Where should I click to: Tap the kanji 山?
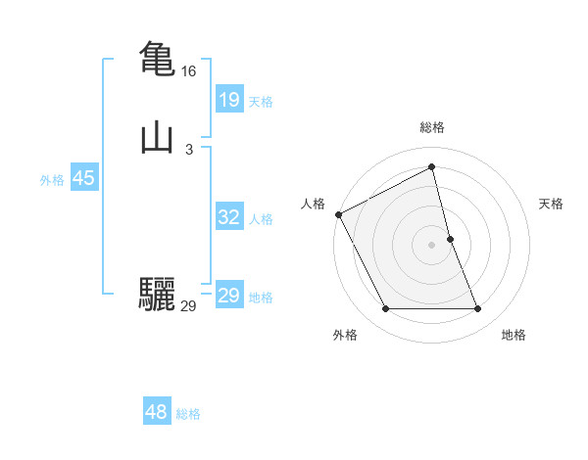158,137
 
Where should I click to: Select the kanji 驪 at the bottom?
158,295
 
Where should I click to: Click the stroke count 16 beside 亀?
188,71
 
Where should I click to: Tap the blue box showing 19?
228,100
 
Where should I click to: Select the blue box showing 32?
228,218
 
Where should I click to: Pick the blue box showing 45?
83,179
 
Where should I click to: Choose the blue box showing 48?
157,413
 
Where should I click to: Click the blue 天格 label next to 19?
261,102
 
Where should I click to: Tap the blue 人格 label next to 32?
261,219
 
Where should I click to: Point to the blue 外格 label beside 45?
52,180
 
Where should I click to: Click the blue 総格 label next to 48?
188,414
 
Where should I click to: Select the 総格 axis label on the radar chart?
432,127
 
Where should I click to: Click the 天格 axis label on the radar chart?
552,204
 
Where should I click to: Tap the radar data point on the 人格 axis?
338,214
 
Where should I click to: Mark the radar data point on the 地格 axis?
478,309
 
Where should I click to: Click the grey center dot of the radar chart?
432,245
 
